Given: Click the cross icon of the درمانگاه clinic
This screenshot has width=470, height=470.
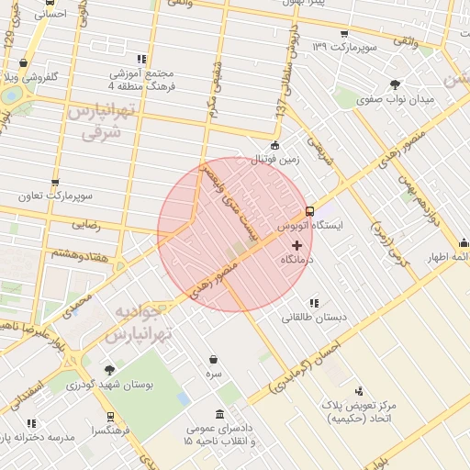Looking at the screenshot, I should [296, 245].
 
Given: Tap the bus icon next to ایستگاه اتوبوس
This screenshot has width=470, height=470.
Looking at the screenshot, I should [309, 210].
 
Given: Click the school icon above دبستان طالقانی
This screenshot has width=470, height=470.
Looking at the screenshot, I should [314, 302].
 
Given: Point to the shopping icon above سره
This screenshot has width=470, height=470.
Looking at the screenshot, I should [214, 359].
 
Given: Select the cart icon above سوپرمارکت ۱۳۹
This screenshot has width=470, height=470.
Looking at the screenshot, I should [343, 34].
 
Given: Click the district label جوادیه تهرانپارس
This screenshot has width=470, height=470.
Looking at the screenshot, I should [141, 323].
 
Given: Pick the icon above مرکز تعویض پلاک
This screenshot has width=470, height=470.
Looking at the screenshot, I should [359, 389].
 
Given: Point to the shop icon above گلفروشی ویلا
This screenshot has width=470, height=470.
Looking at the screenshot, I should [22, 63].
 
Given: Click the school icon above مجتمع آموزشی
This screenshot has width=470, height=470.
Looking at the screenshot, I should [140, 58].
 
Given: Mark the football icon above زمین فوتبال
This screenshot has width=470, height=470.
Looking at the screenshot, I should [274, 145].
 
